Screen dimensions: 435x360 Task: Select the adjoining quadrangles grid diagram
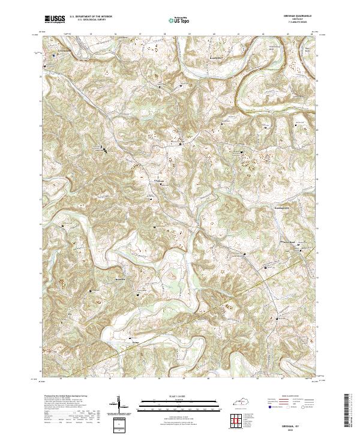point(243,422)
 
